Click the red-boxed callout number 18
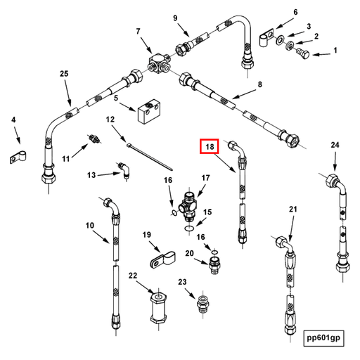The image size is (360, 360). [x=210, y=146]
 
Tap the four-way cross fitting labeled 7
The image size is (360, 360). [x=159, y=63]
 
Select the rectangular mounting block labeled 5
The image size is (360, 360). [x=149, y=110]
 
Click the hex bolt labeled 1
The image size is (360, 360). [x=303, y=53]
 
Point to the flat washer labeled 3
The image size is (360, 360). [x=279, y=39]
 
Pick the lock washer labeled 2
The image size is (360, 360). [x=290, y=45]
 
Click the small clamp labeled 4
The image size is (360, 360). [x=18, y=157]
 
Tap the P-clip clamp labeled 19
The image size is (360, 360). [x=163, y=259]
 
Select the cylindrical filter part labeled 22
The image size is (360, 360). [x=159, y=309]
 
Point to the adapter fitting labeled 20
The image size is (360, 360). [x=214, y=265]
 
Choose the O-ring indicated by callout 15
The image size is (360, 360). [x=189, y=229]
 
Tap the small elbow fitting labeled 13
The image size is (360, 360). [x=124, y=170]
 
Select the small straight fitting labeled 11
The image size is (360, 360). [x=94, y=139]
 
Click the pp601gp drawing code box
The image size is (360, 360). [x=323, y=338]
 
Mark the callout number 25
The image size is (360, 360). [x=64, y=74]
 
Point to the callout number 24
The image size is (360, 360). [x=335, y=145]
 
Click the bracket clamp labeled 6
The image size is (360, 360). [x=266, y=37]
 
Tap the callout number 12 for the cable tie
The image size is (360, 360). [x=110, y=120]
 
